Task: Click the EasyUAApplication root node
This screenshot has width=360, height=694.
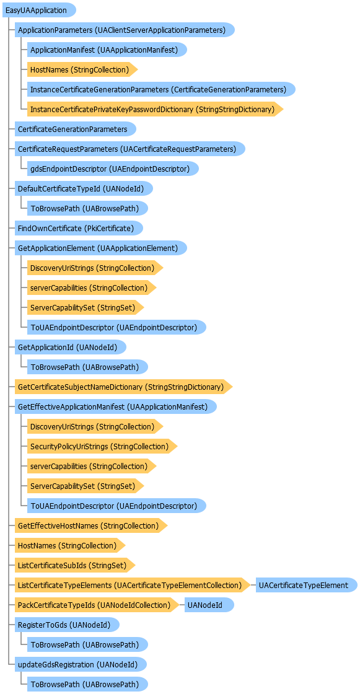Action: (x=39, y=10)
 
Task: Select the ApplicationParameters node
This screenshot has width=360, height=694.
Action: (x=125, y=30)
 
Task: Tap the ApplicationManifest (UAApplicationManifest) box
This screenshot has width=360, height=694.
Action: (x=107, y=50)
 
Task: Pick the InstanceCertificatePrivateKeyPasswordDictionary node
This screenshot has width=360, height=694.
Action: (x=155, y=109)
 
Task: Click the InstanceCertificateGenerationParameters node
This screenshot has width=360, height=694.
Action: (x=161, y=89)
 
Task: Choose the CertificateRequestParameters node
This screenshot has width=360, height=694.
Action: (x=130, y=149)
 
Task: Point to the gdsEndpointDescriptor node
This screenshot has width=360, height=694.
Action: (x=113, y=169)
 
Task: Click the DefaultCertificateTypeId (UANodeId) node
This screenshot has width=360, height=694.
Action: (x=84, y=188)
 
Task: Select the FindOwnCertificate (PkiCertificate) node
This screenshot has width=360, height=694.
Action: (x=79, y=228)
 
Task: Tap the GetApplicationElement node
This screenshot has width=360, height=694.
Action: (x=100, y=248)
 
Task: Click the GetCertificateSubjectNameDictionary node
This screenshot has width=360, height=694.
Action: (x=123, y=387)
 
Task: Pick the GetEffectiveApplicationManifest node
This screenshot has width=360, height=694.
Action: (x=116, y=406)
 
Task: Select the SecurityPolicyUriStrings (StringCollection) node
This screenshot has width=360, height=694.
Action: (x=102, y=446)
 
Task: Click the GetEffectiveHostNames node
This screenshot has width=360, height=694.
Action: (x=91, y=525)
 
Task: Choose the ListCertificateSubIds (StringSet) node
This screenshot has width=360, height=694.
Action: (x=75, y=565)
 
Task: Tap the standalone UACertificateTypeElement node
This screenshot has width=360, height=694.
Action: (x=307, y=585)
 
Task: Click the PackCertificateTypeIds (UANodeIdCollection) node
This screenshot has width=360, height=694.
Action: (x=97, y=605)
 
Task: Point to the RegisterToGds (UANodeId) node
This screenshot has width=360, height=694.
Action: (x=67, y=625)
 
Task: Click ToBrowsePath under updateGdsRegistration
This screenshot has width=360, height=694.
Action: (x=87, y=684)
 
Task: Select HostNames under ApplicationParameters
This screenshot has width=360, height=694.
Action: (x=82, y=69)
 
